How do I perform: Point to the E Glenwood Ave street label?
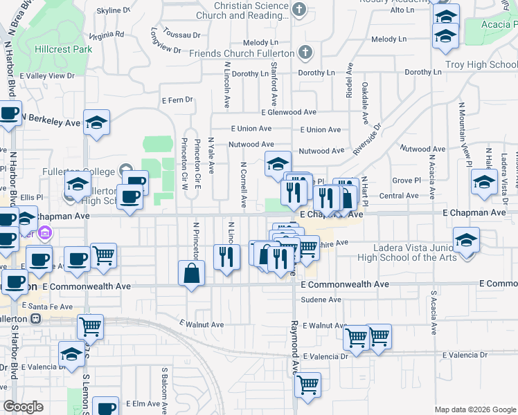click(x=289, y=112)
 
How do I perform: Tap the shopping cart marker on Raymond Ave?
click(x=307, y=385)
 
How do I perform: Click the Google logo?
click(x=23, y=406)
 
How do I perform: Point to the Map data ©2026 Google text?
click(x=474, y=409)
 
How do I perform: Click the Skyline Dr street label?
click(x=114, y=11)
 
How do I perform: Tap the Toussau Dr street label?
click(x=182, y=33)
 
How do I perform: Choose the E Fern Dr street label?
click(x=177, y=100)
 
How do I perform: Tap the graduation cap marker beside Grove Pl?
click(x=484, y=182)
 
